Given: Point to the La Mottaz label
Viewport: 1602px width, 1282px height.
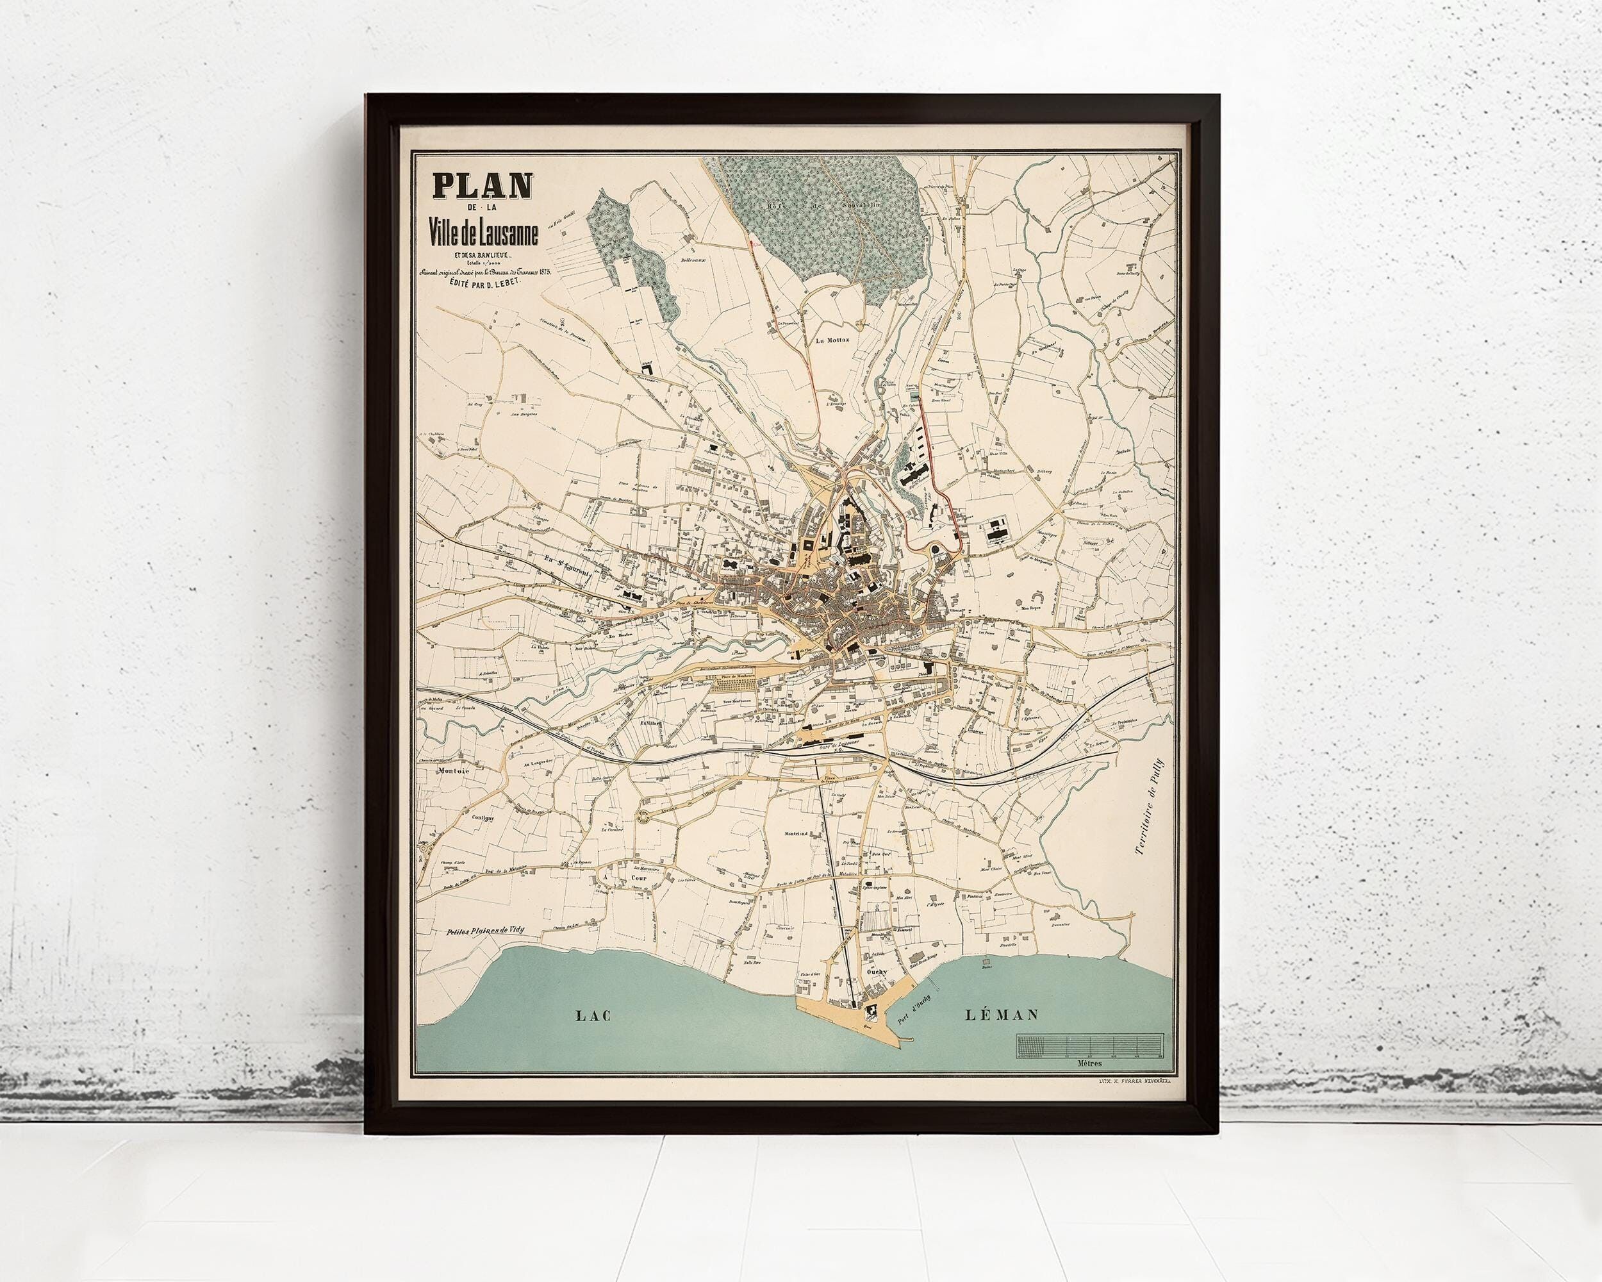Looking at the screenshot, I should [832, 341].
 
